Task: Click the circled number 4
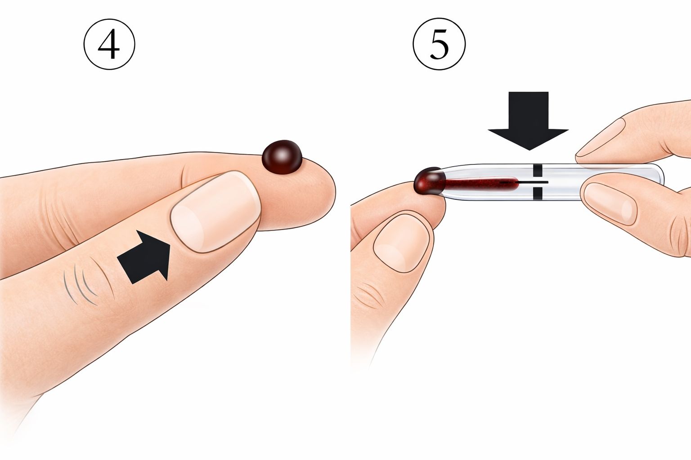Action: [109, 44]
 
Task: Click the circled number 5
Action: [439, 44]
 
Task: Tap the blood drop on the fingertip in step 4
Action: [282, 157]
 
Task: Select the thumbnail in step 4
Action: [215, 212]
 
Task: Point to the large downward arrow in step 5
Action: [529, 121]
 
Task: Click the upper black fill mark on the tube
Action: [538, 170]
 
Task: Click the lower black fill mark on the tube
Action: [538, 193]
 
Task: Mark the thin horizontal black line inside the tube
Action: [525, 182]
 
